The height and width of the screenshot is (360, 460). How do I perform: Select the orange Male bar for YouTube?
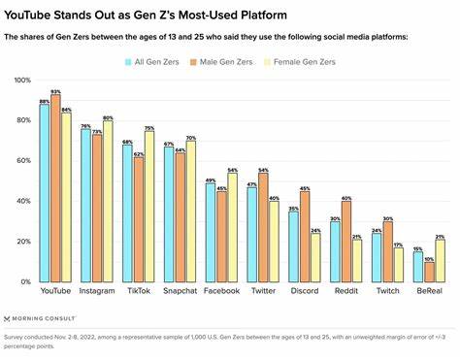[55, 188]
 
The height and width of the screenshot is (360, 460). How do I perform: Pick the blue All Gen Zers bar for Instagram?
[86, 205]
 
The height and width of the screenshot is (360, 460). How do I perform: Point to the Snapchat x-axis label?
[181, 291]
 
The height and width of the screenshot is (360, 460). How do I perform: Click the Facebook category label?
[222, 291]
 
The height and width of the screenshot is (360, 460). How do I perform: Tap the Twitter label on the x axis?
[263, 291]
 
